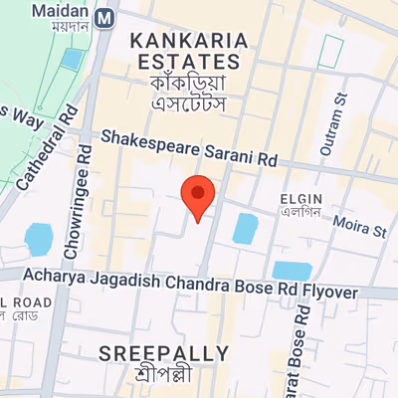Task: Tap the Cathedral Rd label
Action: coord(49,148)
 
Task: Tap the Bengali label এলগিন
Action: coord(298,212)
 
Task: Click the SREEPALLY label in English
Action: coord(164,353)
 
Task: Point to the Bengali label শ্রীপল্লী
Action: coord(164,375)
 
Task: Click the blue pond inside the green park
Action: coord(73,59)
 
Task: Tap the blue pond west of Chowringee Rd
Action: coord(38,240)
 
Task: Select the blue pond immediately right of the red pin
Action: coord(245,228)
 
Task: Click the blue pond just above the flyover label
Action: coord(292,270)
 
